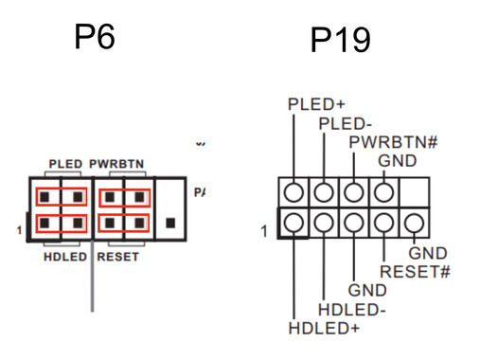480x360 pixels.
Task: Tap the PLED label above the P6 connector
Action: (x=65, y=164)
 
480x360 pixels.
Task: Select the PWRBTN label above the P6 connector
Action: (x=117, y=164)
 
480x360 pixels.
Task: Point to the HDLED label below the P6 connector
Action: (x=65, y=256)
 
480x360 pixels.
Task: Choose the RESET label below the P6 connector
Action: (x=118, y=256)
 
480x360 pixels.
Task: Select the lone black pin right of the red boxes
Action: (x=169, y=223)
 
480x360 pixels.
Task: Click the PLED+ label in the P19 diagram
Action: (x=316, y=104)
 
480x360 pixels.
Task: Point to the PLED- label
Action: (x=345, y=123)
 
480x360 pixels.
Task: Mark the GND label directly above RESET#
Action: (x=427, y=253)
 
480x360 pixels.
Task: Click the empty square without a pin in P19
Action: (x=413, y=192)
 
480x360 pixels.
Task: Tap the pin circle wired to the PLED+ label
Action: (x=294, y=192)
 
